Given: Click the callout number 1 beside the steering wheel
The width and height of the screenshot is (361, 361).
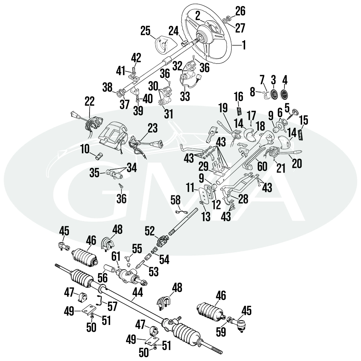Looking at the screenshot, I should click(244, 45).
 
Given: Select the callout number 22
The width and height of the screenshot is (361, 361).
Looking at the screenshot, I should click(89, 101).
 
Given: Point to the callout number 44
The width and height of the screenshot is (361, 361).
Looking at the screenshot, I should click(137, 292).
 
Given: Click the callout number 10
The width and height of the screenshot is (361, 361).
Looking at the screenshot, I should click(85, 148).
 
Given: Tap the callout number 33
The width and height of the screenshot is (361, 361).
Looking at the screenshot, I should click(185, 96).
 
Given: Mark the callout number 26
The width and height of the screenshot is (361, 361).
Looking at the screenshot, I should click(240, 11).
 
